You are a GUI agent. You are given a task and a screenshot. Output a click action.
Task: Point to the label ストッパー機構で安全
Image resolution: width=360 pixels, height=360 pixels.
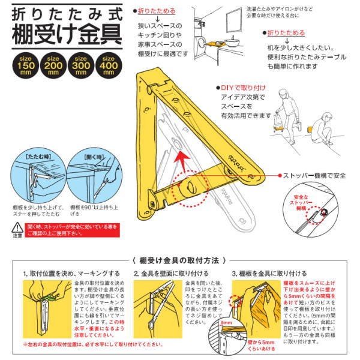(x=312, y=175)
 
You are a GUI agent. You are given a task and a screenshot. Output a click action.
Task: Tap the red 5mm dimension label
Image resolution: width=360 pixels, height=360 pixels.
(x=243, y=323)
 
